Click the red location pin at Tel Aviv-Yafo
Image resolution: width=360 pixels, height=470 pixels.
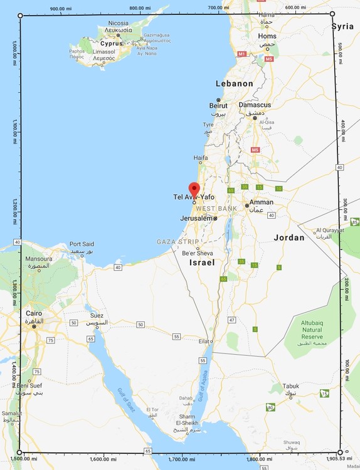(194, 189)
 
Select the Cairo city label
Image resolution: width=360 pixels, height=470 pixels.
(34, 312)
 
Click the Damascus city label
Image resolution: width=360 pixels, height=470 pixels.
(255, 105)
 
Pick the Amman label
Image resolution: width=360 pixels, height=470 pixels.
(261, 202)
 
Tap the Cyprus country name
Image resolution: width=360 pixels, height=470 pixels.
(110, 44)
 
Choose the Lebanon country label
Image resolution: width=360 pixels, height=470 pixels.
(234, 83)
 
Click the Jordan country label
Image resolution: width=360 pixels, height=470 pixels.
(289, 238)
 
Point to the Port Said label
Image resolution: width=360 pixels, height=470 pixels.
(82, 244)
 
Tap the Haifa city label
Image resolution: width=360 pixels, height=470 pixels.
(200, 157)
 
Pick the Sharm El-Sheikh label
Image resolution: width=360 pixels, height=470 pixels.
(190, 420)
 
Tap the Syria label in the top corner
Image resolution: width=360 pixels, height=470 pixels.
(342, 26)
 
